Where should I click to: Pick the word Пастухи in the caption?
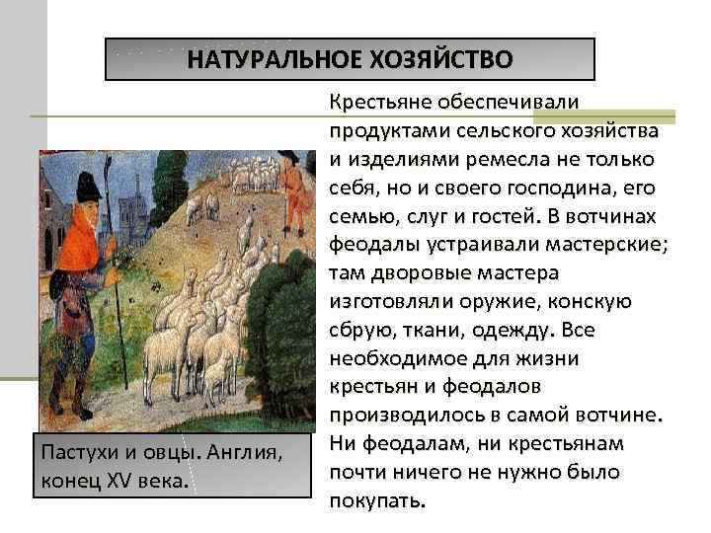pyautogui.click(x=71, y=453)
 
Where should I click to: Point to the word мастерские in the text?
pyautogui.click(x=608, y=242)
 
